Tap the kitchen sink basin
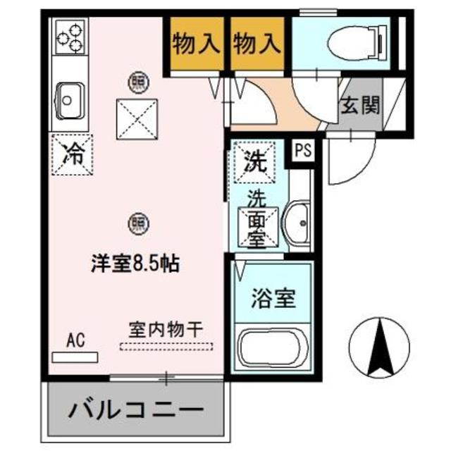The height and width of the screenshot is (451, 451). click(69, 99)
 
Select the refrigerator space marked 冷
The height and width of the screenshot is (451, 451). click(71, 152)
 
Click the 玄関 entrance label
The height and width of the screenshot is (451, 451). click(360, 106)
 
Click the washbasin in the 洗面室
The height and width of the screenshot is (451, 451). click(299, 224)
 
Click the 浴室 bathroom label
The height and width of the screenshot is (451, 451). click(273, 298)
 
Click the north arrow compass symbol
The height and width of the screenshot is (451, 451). click(379, 345)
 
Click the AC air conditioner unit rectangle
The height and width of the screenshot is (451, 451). click(75, 356)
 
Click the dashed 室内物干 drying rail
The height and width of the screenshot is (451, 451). click(166, 345)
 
